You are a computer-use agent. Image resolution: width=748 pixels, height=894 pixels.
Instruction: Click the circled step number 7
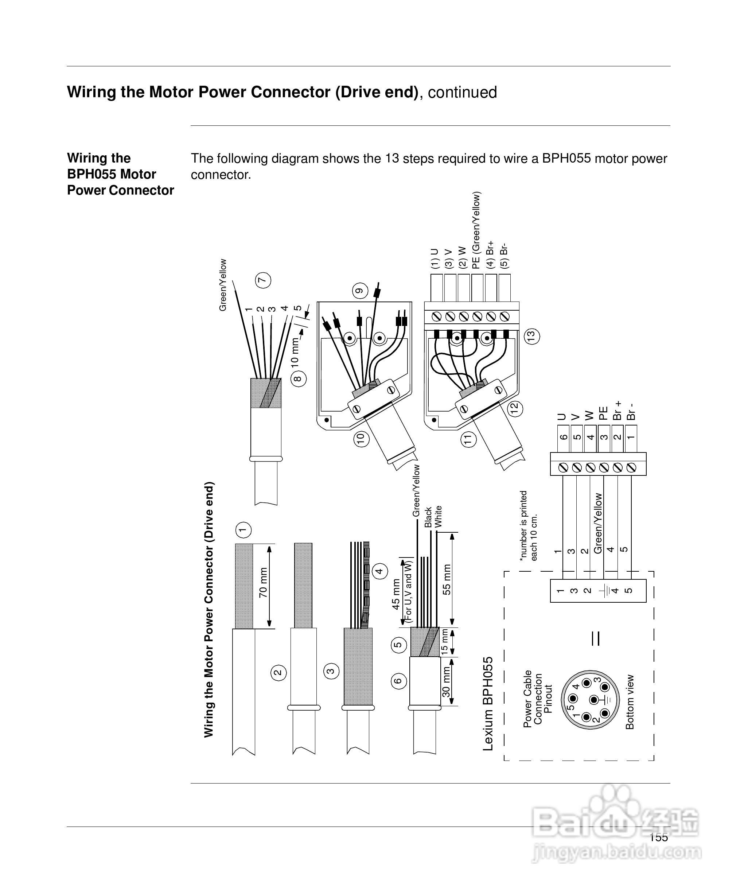[x=263, y=280]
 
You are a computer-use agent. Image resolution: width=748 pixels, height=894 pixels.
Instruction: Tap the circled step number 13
[x=531, y=336]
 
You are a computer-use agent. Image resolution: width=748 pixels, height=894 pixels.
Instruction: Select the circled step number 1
[x=243, y=530]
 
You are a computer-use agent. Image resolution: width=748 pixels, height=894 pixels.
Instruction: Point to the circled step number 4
[x=380, y=571]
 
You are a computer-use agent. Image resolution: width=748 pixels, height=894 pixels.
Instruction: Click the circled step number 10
[x=362, y=439]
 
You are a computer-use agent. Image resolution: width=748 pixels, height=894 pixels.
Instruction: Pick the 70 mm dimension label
[x=264, y=583]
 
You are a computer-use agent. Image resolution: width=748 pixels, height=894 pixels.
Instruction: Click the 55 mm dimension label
[x=447, y=579]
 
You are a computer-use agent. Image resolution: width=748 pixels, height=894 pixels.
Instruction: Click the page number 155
[x=659, y=837]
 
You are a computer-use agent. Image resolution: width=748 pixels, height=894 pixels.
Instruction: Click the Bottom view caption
[x=630, y=702]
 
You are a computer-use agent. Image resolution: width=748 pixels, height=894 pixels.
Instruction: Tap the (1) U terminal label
[x=434, y=259]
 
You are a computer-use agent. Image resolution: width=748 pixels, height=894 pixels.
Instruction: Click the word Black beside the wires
[x=428, y=517]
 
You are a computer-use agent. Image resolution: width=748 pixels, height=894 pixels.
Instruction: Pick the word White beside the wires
[x=439, y=516]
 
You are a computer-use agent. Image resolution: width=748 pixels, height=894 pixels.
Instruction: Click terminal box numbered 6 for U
[x=563, y=437]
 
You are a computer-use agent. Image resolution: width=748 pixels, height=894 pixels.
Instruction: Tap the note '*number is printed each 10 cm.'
[x=528, y=525]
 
